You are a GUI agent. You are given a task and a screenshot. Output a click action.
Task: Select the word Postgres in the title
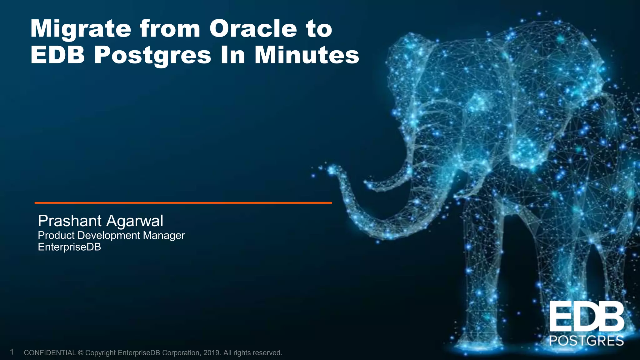pos(152,56)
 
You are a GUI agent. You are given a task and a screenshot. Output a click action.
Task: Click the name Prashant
pos(69,221)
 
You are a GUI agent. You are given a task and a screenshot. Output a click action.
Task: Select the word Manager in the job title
pos(164,235)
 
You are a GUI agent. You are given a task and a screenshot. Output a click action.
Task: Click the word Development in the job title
pos(109,235)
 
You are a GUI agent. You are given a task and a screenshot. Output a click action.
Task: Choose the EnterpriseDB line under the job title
pos(69,247)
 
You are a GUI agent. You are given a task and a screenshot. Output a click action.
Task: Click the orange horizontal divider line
pos(183,203)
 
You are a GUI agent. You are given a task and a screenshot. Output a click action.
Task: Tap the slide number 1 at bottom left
pos(12,352)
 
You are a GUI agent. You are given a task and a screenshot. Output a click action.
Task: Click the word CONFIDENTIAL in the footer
pos(50,353)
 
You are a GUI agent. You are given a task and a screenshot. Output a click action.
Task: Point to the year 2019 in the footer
pos(212,353)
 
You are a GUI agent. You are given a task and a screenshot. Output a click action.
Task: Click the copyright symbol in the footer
pos(80,353)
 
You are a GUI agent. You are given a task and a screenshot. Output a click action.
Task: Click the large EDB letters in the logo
pos(586,317)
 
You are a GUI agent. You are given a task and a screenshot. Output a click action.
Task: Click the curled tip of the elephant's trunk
pos(332,170)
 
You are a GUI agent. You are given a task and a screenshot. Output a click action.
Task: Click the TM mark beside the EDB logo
pos(626,302)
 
